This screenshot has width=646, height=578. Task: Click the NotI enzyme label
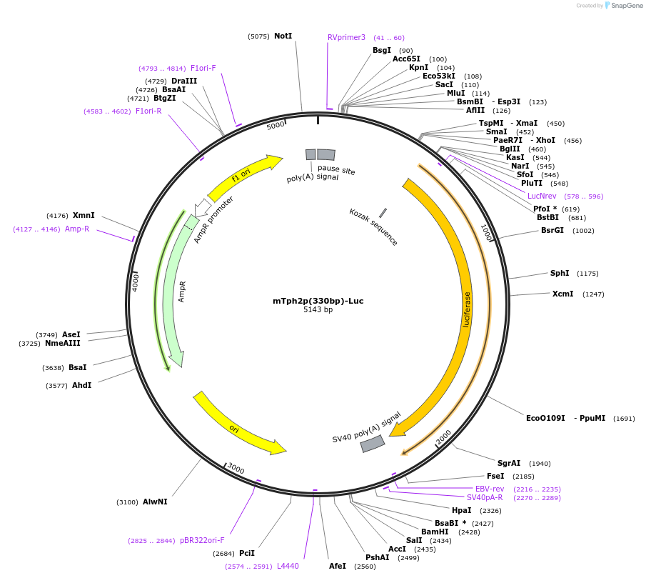pyautogui.click(x=283, y=36)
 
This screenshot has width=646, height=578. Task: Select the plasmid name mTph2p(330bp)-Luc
pyautogui.click(x=318, y=301)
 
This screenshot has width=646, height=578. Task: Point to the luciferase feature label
pyautogui.click(x=467, y=309)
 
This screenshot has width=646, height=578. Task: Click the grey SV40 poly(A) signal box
pyautogui.click(x=373, y=444)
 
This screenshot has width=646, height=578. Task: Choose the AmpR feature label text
pyautogui.click(x=182, y=292)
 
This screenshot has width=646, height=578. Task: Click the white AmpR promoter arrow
pyautogui.click(x=203, y=207)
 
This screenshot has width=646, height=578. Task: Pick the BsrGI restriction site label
pyautogui.click(x=552, y=230)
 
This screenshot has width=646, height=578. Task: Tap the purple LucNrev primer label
pyautogui.click(x=542, y=196)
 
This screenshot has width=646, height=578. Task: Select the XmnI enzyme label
pyautogui.click(x=84, y=215)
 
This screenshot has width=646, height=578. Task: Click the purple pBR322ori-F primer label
pyautogui.click(x=202, y=540)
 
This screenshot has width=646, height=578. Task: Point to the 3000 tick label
pyautogui.click(x=236, y=469)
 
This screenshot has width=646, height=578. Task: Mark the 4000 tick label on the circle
pyautogui.click(x=136, y=281)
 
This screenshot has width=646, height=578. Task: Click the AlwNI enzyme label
pyautogui.click(x=155, y=502)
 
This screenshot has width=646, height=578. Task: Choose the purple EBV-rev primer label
pyautogui.click(x=490, y=489)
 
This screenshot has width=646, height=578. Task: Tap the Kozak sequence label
pyautogui.click(x=373, y=227)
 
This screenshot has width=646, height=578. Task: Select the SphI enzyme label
pyautogui.click(x=560, y=273)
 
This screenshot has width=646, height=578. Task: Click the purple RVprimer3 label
pyautogui.click(x=346, y=37)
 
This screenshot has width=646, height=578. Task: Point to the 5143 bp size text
pyautogui.click(x=318, y=310)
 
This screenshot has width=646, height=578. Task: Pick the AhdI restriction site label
pyautogui.click(x=81, y=385)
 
